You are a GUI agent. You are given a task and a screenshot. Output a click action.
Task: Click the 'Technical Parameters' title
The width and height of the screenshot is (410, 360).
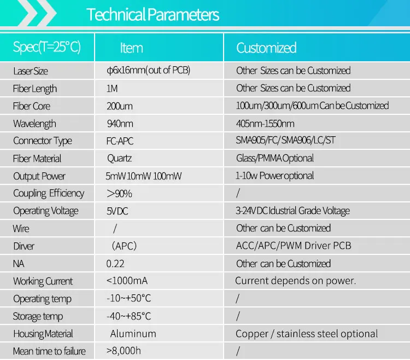[153, 15]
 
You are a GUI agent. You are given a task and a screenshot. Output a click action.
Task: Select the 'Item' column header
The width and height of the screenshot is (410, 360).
[131, 48]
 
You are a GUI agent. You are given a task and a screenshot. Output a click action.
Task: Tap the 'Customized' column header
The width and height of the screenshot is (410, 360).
[266, 48]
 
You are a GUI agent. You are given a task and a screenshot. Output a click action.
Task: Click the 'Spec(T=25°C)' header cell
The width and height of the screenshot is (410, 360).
[47, 47]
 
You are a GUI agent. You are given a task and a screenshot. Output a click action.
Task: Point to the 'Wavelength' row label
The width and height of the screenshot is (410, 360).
[34, 124]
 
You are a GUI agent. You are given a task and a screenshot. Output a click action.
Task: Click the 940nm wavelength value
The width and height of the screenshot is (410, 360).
[120, 124]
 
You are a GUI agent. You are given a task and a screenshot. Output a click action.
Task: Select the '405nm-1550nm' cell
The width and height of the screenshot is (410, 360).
[265, 124]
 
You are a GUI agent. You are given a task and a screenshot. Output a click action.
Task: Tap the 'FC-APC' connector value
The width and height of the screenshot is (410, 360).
[120, 141]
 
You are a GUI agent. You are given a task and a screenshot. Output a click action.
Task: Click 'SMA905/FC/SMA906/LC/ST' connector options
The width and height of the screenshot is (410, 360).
[286, 141]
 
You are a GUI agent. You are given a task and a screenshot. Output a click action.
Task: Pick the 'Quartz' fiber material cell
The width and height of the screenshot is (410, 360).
[119, 159]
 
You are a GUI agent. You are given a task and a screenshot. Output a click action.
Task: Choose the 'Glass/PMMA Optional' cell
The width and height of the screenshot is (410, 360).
[275, 159]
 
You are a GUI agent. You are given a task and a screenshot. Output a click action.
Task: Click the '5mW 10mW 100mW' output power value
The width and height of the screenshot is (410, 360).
[144, 176]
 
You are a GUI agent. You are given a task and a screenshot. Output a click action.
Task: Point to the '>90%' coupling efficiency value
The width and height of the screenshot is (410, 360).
[119, 194]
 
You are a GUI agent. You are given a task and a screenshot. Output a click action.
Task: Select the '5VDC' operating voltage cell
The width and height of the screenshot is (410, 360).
[118, 211]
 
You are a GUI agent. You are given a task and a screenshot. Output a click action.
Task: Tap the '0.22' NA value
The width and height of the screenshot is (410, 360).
[115, 264]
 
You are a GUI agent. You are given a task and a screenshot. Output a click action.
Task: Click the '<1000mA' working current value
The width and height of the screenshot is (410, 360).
[127, 281]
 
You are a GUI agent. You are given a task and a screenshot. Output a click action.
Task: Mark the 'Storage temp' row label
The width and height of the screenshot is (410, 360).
[38, 316]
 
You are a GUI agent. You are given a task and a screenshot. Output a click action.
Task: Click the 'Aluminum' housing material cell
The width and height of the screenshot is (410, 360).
[133, 334]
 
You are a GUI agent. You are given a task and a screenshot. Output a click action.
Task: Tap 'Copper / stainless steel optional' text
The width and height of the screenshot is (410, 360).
[307, 334]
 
